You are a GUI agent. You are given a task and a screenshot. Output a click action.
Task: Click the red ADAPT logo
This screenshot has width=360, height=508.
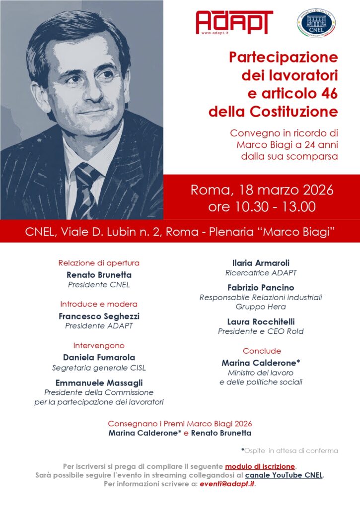click(234, 22)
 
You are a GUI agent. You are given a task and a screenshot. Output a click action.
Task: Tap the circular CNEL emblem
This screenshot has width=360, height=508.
click(316, 23)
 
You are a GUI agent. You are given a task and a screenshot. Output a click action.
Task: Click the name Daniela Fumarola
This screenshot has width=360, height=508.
click(99, 357)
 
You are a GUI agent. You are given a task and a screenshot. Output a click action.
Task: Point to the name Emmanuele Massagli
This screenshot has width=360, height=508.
click(99, 382)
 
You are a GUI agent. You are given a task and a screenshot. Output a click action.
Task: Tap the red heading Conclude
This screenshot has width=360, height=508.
click(262, 351)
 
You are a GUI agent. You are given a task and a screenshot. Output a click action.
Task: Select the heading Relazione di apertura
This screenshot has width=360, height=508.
click(99, 263)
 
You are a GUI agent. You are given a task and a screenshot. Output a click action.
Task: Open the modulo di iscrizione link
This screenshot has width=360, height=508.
click(260, 466)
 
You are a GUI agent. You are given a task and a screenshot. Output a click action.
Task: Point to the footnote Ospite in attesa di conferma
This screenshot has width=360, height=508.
click(291, 450)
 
